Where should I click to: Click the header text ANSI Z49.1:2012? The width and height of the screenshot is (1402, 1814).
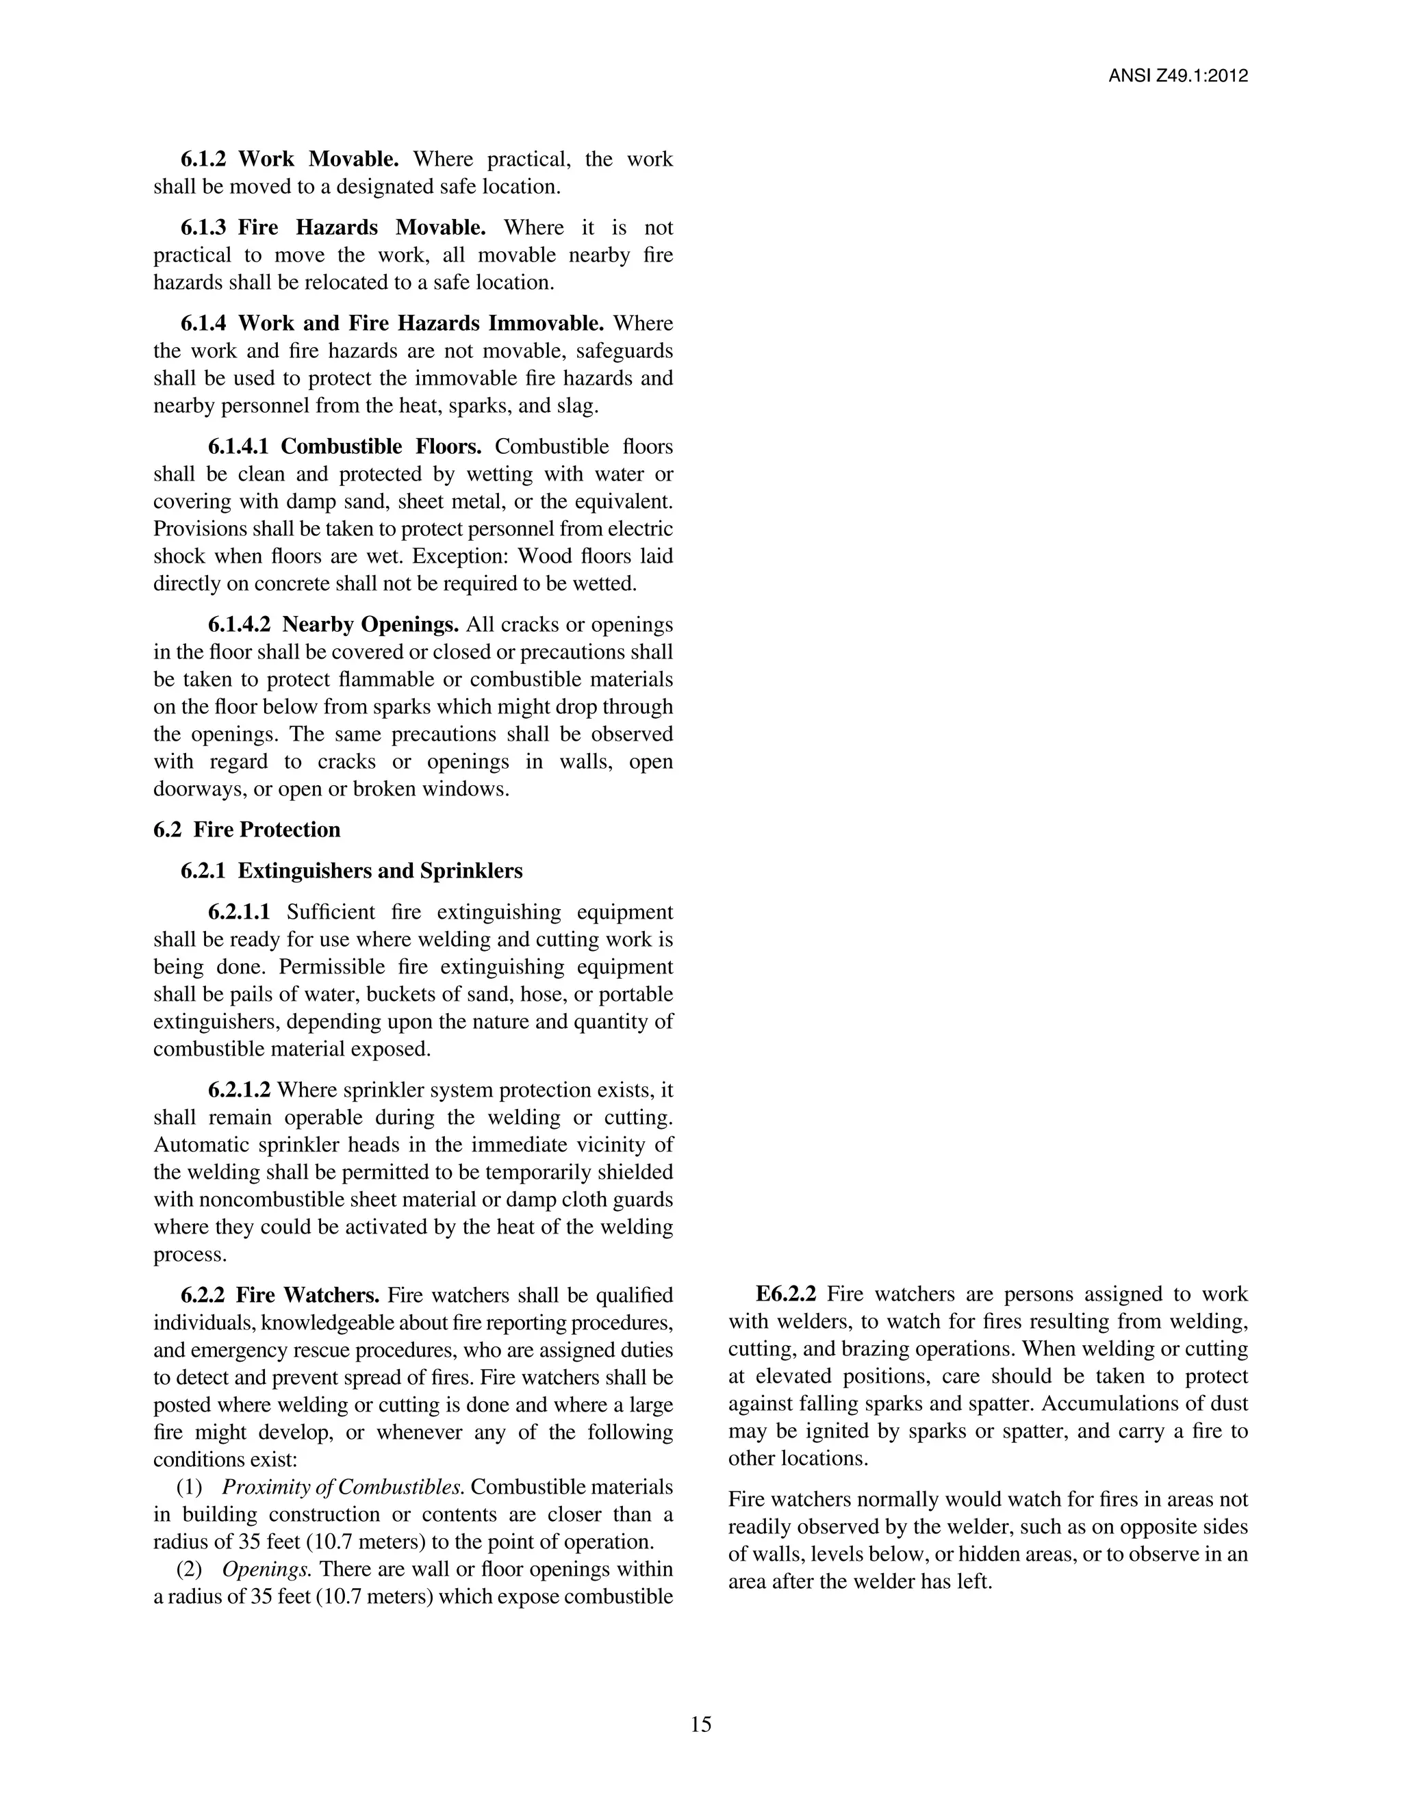click(1177, 77)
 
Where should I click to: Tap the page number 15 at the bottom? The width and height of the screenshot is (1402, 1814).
click(700, 1724)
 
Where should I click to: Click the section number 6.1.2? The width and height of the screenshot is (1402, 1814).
click(203, 159)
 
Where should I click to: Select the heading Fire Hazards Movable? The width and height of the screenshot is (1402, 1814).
click(361, 227)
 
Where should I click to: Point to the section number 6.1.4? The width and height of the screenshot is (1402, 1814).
click(203, 323)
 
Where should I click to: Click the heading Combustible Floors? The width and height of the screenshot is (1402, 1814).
click(381, 447)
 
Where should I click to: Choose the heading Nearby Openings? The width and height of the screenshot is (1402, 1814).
click(370, 624)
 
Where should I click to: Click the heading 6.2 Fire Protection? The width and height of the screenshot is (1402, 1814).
click(246, 830)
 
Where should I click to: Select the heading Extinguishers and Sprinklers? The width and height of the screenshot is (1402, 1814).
click(379, 871)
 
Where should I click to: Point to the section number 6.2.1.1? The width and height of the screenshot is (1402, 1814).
click(239, 912)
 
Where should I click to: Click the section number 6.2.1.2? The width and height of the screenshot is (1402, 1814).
click(239, 1090)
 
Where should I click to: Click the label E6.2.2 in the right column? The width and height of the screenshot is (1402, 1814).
click(786, 1294)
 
